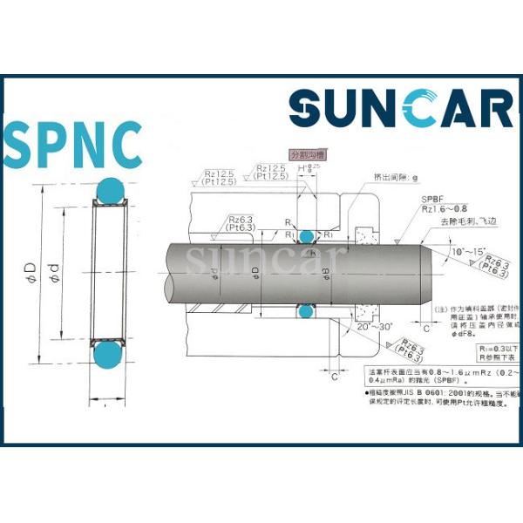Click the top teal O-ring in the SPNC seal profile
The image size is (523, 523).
click(x=111, y=189)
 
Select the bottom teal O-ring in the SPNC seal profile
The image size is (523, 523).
click(x=111, y=357)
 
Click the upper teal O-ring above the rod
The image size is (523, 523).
click(x=305, y=236)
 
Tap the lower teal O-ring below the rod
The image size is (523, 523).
click(x=305, y=309)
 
